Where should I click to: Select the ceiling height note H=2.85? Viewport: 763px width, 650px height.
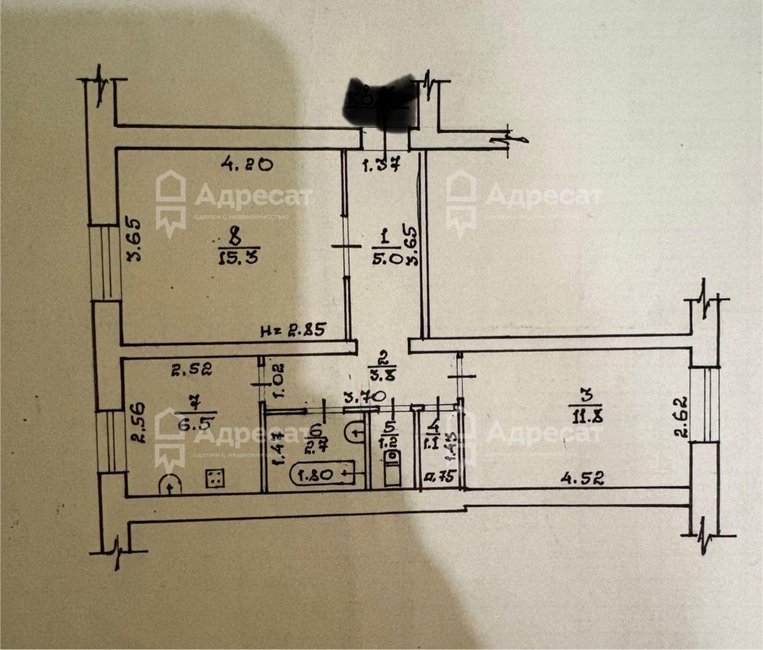pyautogui.click(x=293, y=330)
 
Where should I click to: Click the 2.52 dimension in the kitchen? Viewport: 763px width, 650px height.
pyautogui.click(x=191, y=369)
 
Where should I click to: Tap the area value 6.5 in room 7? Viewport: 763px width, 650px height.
pyautogui.click(x=196, y=424)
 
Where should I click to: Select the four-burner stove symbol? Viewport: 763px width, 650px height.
pyautogui.click(x=215, y=478)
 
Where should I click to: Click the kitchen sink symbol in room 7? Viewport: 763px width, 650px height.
pyautogui.click(x=170, y=484)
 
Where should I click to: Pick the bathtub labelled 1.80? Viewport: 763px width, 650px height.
pyautogui.click(x=322, y=474)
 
